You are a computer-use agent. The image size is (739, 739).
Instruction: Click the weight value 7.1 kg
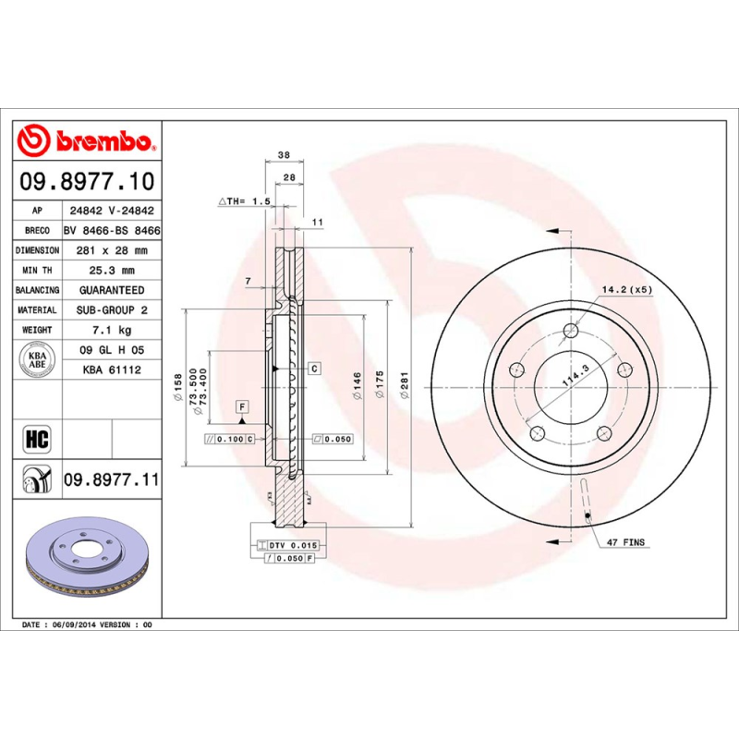click(x=111, y=330)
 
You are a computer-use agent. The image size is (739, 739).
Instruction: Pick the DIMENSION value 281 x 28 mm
click(x=111, y=250)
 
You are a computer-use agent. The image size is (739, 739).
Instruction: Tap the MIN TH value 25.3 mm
click(x=111, y=271)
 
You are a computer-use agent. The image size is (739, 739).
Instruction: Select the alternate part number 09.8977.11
click(x=111, y=479)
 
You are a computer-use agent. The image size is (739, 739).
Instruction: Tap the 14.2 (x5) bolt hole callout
click(x=627, y=290)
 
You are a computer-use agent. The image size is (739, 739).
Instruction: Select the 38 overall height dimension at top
click(x=285, y=155)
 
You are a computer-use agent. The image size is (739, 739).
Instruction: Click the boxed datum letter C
click(x=313, y=369)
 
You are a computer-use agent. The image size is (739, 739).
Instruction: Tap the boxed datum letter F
click(x=242, y=406)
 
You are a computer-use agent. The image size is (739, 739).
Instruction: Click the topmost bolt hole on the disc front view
click(x=572, y=331)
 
